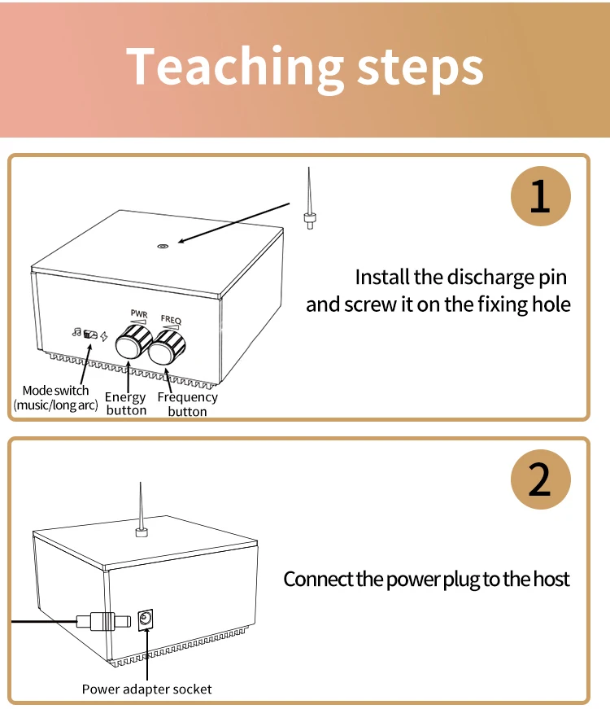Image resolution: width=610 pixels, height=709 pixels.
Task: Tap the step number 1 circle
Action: (540, 198)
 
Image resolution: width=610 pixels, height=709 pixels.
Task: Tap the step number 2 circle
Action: (540, 481)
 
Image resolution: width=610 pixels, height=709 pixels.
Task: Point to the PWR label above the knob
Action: (138, 313)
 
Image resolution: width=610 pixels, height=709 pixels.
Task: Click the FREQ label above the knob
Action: (172, 320)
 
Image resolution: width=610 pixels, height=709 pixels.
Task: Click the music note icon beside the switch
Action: (76, 332)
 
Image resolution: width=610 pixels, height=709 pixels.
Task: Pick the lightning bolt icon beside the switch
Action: (104, 336)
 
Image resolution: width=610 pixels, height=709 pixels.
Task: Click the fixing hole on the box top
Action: (163, 244)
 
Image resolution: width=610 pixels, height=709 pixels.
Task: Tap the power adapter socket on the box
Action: (147, 619)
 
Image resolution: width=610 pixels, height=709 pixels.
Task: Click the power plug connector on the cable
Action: (102, 621)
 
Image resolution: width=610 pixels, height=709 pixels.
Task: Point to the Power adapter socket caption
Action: (146, 689)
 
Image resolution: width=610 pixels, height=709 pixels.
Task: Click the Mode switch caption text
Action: (55, 397)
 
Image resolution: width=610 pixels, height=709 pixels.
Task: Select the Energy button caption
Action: (126, 404)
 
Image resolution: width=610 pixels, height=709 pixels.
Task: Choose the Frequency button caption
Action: (187, 404)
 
